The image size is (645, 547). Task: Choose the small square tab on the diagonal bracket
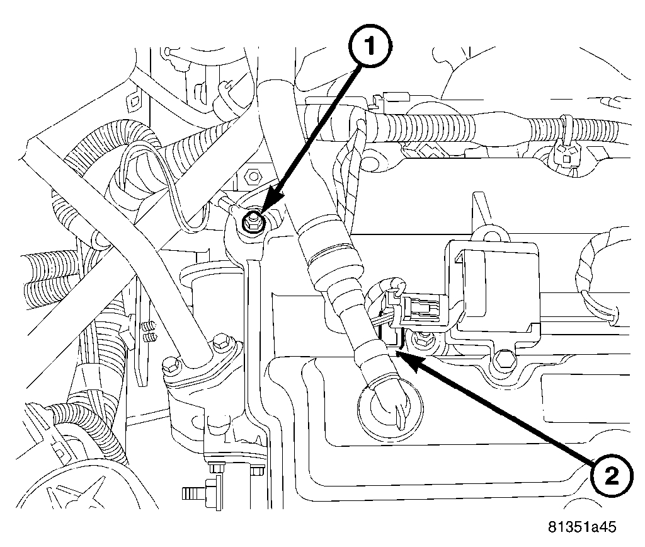pyautogui.click(x=133, y=100)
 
